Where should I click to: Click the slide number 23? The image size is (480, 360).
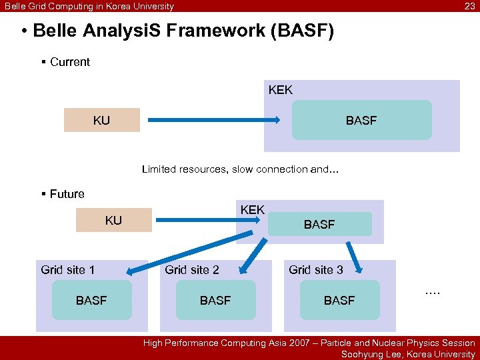tap(469, 6)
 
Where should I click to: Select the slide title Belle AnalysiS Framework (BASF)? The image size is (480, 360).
tap(177, 31)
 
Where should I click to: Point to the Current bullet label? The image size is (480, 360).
tap(69, 62)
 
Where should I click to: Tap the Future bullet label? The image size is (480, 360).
tap(67, 194)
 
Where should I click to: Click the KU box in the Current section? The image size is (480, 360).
tap(101, 121)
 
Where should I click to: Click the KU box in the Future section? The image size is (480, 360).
tap(113, 221)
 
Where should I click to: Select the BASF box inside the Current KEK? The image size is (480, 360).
tap(361, 121)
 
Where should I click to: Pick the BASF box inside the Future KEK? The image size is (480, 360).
tap(319, 225)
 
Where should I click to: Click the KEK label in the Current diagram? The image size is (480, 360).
tap(280, 90)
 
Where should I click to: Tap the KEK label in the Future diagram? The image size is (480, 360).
tap(252, 210)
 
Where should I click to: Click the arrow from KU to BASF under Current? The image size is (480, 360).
tap(213, 121)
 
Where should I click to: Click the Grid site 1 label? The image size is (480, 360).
tap(67, 270)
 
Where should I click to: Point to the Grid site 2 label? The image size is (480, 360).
tap(191, 270)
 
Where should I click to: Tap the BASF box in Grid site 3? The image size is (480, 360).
tap(339, 301)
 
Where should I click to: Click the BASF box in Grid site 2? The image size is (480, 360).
tap(215, 301)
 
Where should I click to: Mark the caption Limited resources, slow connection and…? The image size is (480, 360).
tap(240, 169)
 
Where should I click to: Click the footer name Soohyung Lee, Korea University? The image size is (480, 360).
tap(408, 354)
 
